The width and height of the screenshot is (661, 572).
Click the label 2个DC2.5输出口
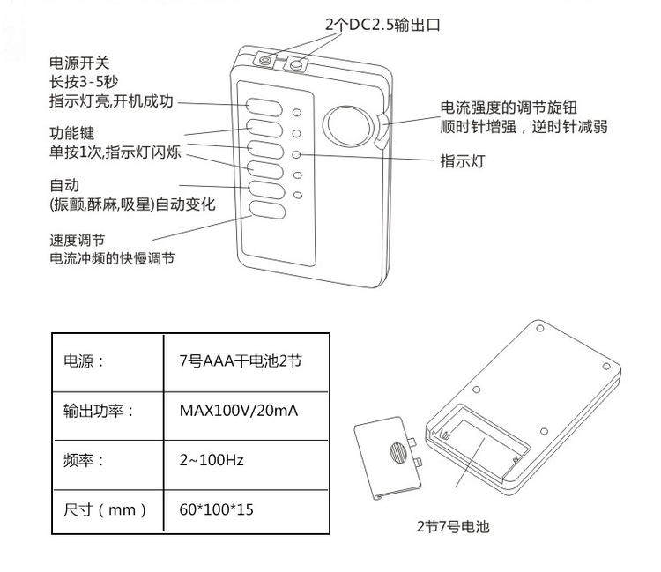point(382,26)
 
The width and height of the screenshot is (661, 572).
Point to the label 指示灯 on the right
point(463,161)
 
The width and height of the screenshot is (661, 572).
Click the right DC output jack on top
point(296,63)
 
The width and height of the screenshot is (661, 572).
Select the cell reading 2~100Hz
point(212,460)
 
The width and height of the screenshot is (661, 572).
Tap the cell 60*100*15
point(216,509)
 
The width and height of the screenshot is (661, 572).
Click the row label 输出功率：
point(98,411)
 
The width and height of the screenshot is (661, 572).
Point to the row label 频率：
point(85,460)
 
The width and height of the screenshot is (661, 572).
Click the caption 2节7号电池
point(453,527)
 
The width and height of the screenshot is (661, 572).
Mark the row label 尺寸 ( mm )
point(105,509)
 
